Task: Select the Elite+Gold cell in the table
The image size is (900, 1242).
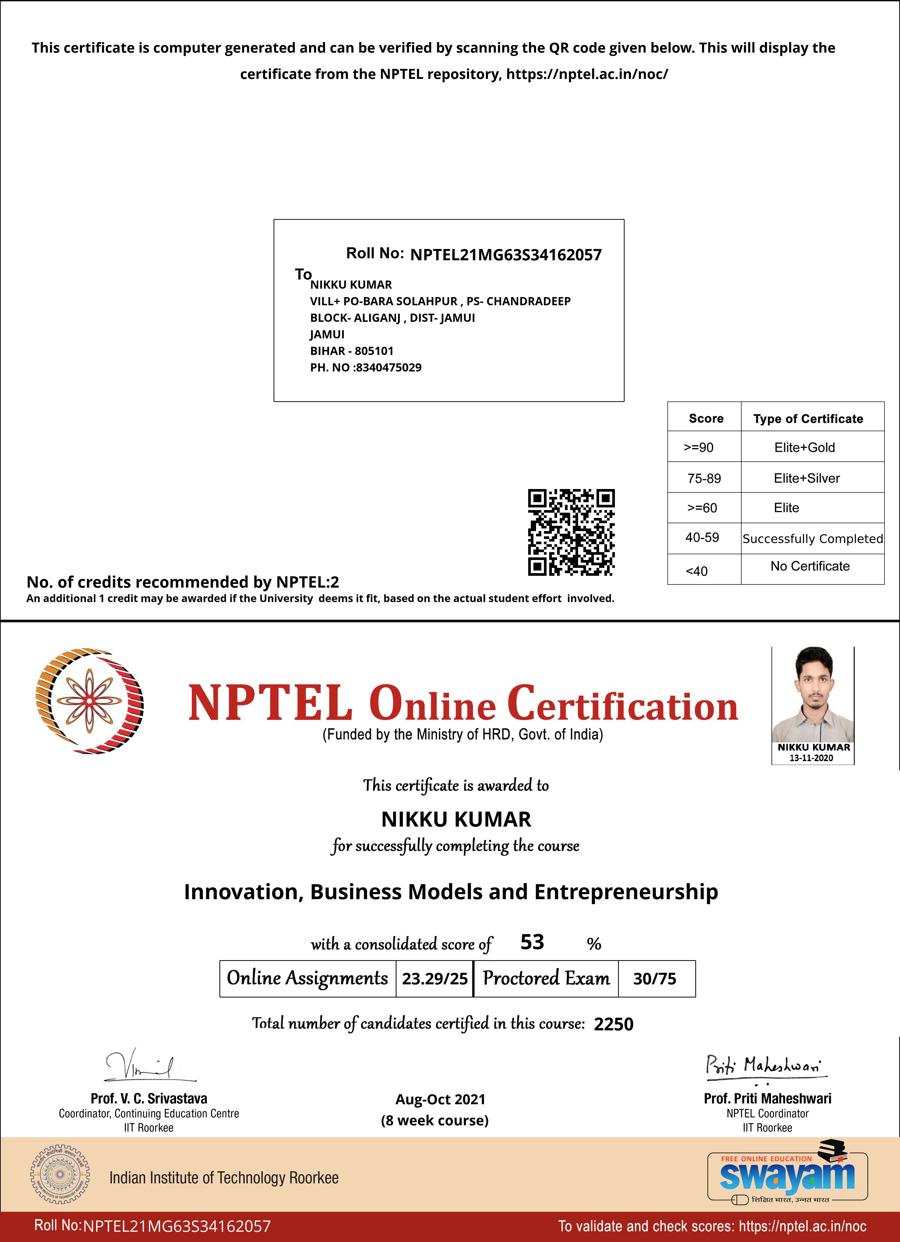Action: pyautogui.click(x=804, y=447)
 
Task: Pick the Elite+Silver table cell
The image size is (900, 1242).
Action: pyautogui.click(x=806, y=478)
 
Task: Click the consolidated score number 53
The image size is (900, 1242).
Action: pyautogui.click(x=532, y=942)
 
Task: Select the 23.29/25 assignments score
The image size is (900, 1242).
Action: pyautogui.click(x=435, y=979)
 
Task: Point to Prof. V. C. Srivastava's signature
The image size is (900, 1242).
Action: pyautogui.click(x=145, y=1065)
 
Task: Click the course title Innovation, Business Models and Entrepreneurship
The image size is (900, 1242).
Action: pyautogui.click(x=451, y=892)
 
